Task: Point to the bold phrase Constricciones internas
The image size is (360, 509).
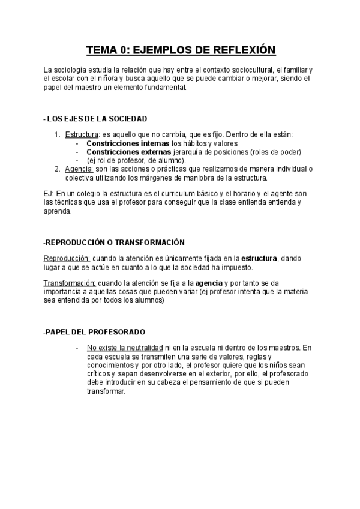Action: pos(128,143)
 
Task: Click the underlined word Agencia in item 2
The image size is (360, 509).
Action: pos(79,169)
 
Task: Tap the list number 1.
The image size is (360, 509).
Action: pos(57,134)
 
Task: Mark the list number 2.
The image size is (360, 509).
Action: pos(57,169)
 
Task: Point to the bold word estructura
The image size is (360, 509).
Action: pos(259,258)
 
